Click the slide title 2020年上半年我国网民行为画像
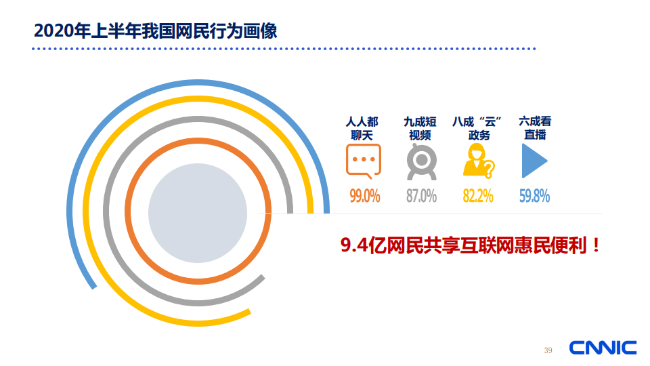click(156, 31)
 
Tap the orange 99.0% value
click(365, 196)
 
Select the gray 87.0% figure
click(422, 196)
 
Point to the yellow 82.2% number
click(478, 196)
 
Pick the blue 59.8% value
click(535, 196)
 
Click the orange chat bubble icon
click(364, 161)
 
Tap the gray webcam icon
click(422, 162)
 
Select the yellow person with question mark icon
click(479, 161)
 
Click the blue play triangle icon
click(534, 161)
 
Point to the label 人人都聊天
click(362, 129)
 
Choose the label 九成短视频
click(420, 129)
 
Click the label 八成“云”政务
click(477, 129)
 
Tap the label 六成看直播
click(535, 128)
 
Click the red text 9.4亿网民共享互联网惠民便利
click(466, 245)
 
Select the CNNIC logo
click(603, 348)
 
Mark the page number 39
click(548, 350)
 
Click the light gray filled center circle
click(198, 213)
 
